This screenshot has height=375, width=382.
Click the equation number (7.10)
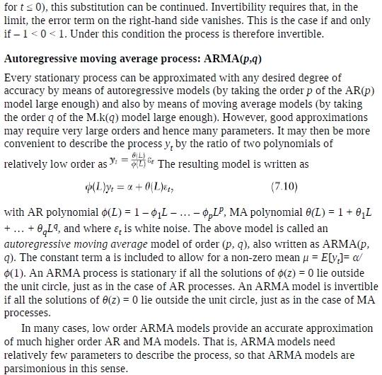tap(285, 187)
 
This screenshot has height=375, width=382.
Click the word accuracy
tap(28, 91)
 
